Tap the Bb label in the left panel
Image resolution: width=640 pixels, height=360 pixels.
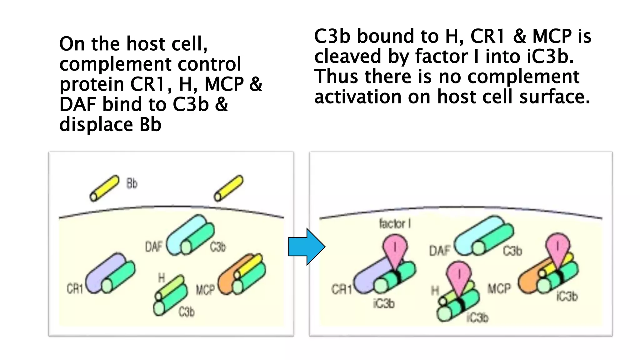tap(132, 183)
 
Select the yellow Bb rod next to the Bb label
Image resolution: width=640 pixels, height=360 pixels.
tap(105, 188)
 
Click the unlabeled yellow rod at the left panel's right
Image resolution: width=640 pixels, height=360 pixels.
tap(229, 188)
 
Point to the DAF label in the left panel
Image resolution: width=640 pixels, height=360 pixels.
tap(154, 247)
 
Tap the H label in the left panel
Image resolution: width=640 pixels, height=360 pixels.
tap(161, 277)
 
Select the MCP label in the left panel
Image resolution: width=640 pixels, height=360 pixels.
tap(205, 290)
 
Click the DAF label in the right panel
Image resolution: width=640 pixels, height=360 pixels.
tap(439, 251)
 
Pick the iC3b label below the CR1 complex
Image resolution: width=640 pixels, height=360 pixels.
tap(384, 303)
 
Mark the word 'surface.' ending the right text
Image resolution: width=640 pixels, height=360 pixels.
tap(555, 97)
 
